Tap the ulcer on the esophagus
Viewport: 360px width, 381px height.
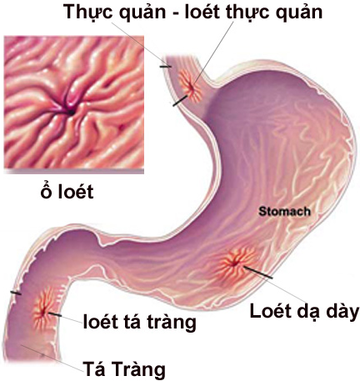click(191, 86)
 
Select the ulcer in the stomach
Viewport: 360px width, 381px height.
click(236, 263)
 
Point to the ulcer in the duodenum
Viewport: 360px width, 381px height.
click(44, 311)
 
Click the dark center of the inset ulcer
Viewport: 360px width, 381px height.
click(71, 113)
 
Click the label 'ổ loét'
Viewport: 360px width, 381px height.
click(67, 191)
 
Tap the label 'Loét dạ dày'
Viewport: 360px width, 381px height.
click(304, 312)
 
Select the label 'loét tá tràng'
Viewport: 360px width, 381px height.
click(140, 323)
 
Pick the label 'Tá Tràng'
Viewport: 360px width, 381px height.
click(124, 369)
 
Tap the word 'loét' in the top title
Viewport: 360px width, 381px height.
click(203, 12)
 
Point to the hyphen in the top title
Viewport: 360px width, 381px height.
click(174, 13)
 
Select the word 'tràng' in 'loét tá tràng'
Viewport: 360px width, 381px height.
click(172, 323)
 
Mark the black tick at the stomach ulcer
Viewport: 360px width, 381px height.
click(258, 272)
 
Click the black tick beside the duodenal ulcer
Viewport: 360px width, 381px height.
click(56, 314)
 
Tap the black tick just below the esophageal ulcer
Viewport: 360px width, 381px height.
click(180, 101)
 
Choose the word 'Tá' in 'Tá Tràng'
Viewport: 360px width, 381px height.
click(94, 368)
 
